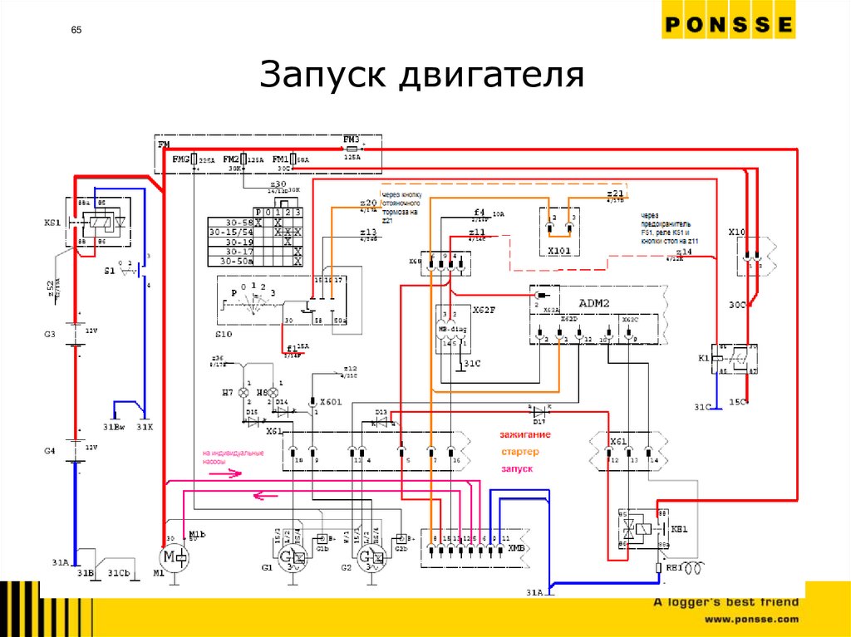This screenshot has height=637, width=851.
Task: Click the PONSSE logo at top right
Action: (x=728, y=25)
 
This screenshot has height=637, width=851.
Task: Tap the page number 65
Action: (x=76, y=31)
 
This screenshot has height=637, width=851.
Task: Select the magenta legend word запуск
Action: (x=516, y=469)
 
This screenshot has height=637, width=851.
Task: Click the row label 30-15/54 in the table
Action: (x=231, y=233)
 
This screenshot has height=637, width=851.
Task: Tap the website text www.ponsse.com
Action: (x=751, y=619)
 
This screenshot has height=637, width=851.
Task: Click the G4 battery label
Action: (x=50, y=450)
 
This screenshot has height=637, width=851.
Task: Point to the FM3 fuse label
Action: (x=351, y=139)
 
